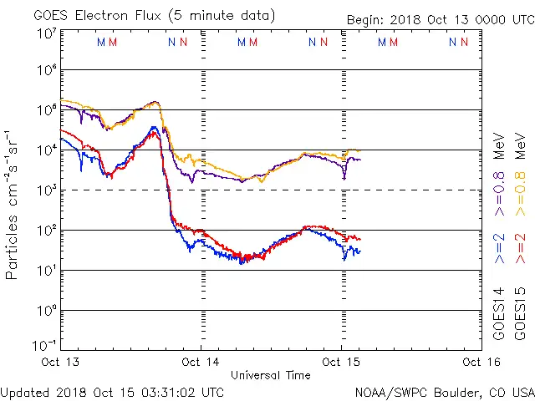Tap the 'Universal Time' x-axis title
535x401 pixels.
[x=270, y=375]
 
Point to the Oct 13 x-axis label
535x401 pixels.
[x=61, y=362]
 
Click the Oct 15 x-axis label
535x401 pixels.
[x=341, y=362]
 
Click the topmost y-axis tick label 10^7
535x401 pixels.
[x=46, y=33]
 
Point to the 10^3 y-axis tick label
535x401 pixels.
[x=46, y=190]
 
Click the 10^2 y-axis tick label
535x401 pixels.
[x=46, y=231]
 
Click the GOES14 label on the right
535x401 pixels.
[x=499, y=315]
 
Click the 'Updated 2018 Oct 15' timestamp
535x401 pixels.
[x=112, y=392]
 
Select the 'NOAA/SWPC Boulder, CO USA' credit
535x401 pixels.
[x=443, y=392]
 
